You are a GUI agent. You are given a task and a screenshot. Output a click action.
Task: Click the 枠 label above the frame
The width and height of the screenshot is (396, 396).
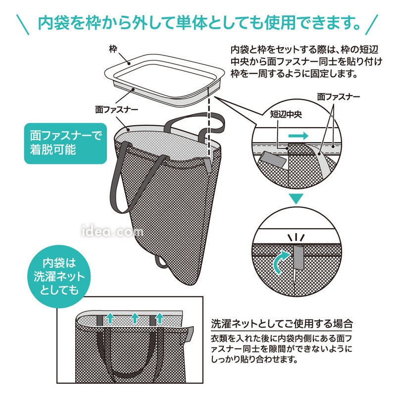(x=113, y=49)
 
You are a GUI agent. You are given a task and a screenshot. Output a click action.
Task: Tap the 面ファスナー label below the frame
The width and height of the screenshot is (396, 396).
(x=116, y=109)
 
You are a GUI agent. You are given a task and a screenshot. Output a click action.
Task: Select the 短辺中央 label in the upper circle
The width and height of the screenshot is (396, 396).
(x=286, y=114)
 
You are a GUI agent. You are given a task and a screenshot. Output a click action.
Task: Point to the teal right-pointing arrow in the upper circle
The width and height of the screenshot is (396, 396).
(x=298, y=136)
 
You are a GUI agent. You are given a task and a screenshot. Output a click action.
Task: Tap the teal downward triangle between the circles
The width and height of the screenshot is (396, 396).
(x=296, y=199)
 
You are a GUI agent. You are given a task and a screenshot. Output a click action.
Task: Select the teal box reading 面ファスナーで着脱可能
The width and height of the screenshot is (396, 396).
(x=65, y=143)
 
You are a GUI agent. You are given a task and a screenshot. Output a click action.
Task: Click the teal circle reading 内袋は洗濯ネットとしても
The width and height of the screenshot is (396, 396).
(x=59, y=277)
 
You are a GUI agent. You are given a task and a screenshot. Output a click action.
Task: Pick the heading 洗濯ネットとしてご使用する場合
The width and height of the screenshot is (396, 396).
(x=282, y=323)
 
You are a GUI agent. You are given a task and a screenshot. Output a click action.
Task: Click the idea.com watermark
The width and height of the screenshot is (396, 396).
(x=113, y=231)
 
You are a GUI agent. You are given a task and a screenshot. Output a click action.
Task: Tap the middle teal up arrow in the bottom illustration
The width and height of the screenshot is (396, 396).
(x=135, y=318)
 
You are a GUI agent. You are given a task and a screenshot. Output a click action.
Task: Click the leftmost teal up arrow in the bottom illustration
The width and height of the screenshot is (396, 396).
(x=110, y=318)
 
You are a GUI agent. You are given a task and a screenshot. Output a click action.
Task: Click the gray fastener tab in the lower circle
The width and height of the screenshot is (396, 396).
(x=298, y=258)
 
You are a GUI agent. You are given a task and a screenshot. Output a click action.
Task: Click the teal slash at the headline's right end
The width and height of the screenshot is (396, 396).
(x=372, y=24)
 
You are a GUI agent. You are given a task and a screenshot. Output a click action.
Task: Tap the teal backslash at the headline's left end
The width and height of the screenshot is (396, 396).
(x=23, y=24)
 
